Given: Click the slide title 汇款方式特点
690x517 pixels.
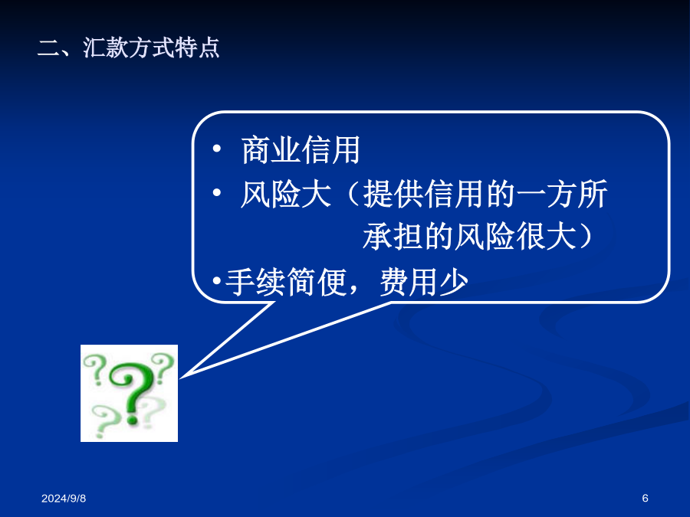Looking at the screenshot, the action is click(151, 47).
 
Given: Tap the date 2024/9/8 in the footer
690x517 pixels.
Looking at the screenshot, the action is click(64, 498).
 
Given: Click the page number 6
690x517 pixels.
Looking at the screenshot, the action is click(645, 498).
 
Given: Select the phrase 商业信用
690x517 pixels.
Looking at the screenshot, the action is click(301, 150).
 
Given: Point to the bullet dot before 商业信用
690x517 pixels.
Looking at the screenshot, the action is click(216, 149).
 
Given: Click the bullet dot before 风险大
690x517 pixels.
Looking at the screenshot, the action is click(216, 192).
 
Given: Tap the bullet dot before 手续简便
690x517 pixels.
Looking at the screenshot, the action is click(216, 280).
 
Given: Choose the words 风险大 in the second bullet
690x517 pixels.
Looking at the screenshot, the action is click(286, 194).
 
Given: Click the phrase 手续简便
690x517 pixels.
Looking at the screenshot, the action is click(286, 282).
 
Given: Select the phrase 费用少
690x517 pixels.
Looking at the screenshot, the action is click(424, 282).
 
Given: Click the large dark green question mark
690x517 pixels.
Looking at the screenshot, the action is click(130, 391).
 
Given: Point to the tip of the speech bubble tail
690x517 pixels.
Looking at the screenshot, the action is click(180, 377).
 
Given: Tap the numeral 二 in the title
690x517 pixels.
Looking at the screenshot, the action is click(48, 48).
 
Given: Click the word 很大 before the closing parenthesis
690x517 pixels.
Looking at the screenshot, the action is click(546, 237).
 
